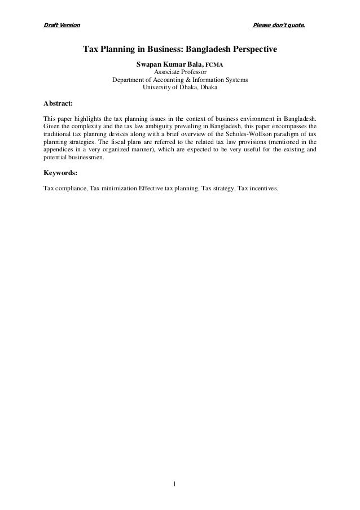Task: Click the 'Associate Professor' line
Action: click(x=180, y=72)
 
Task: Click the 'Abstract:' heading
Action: click(x=58, y=103)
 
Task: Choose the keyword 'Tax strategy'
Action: click(x=217, y=189)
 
